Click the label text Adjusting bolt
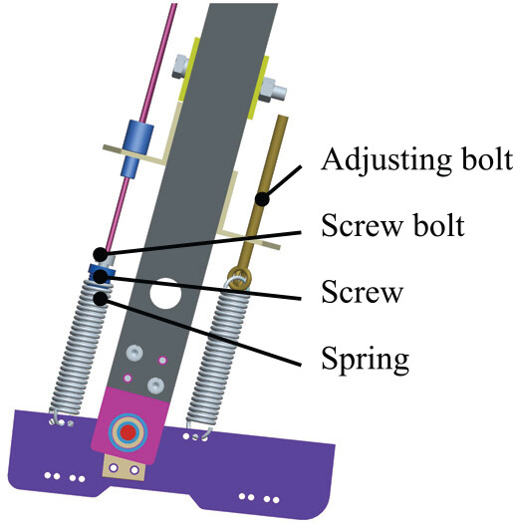click(417, 160)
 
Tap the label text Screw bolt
click(392, 226)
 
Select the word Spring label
click(366, 359)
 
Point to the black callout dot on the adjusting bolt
click(262, 199)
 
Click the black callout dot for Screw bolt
click(100, 255)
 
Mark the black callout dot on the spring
click(100, 299)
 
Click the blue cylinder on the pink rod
click(137, 145)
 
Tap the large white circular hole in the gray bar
click(165, 294)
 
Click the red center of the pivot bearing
click(128, 432)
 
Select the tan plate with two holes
click(125, 467)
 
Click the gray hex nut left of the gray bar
click(180, 66)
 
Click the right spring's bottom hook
click(198, 431)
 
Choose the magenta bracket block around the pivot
click(130, 425)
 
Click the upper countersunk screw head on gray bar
click(134, 353)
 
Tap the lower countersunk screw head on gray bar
click(155, 385)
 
